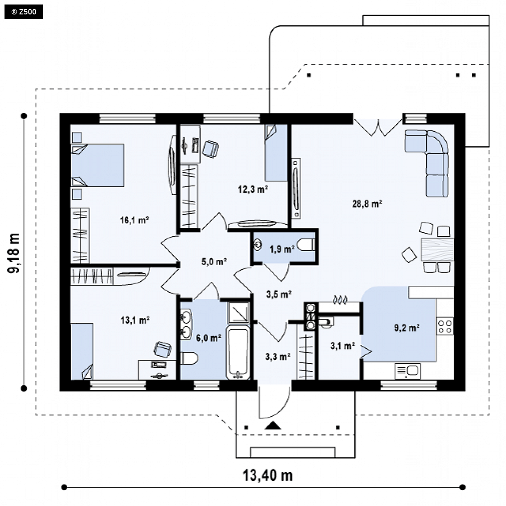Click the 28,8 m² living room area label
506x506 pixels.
tap(367, 204)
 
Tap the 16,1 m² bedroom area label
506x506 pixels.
tap(134, 221)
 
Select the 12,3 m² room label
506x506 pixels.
tap(253, 189)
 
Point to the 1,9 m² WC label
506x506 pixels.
tap(282, 249)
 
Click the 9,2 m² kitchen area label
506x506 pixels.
tap(407, 328)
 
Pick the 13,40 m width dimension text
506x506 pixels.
tap(267, 475)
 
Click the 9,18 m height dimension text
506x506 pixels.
tap(14, 253)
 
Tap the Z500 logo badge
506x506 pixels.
tap(23, 12)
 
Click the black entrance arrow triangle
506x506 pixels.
tap(273, 426)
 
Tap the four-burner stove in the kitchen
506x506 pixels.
tap(445, 326)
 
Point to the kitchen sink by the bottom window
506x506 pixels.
tap(407, 371)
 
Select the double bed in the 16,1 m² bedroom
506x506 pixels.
tap(97, 165)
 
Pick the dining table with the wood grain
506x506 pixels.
tap(437, 249)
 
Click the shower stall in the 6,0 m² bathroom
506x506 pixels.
tap(239, 312)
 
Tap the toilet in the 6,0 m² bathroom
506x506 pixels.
tap(189, 358)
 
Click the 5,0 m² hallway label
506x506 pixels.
tap(214, 262)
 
